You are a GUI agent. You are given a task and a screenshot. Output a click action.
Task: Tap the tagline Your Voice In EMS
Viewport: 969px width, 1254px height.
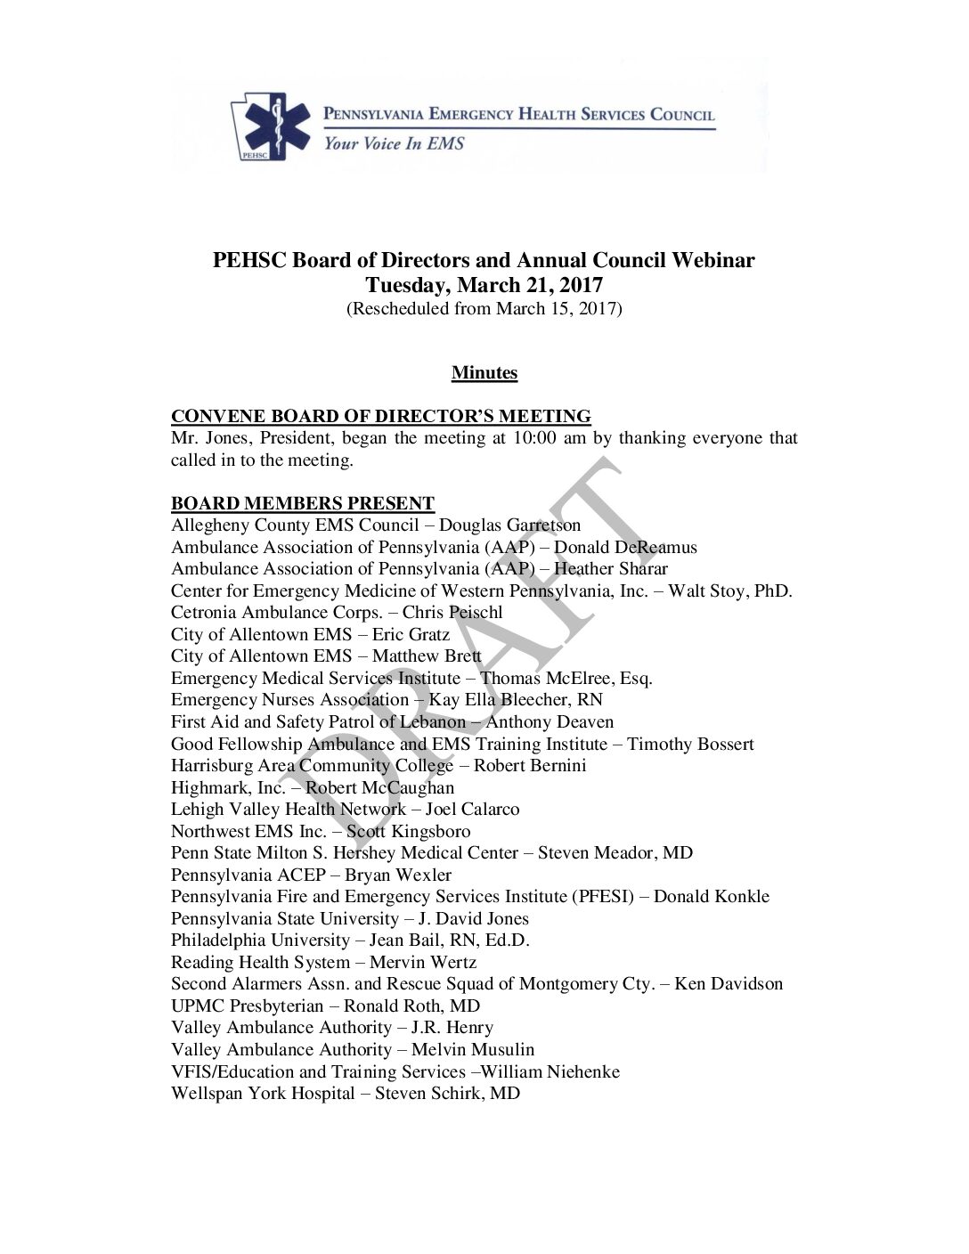tap(394, 143)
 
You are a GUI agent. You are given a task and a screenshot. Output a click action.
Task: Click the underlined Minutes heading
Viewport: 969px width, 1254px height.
tap(484, 373)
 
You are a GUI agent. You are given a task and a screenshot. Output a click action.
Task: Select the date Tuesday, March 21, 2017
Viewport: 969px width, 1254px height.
tap(484, 286)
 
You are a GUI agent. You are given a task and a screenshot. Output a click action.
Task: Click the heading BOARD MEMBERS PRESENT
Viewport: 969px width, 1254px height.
tap(303, 504)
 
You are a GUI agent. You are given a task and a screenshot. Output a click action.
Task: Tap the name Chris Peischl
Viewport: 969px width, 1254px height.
tap(452, 613)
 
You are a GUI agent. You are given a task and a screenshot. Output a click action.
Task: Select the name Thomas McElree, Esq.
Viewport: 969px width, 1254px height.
tap(566, 679)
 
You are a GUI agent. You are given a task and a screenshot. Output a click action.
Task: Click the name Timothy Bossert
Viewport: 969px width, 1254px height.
tap(690, 744)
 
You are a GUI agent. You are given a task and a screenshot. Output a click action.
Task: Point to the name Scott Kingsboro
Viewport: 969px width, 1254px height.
tap(409, 832)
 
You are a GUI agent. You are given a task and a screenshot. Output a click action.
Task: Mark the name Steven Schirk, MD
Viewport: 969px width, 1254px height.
tap(447, 1094)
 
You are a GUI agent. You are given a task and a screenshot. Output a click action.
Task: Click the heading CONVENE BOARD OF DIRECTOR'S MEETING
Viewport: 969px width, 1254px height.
tap(381, 417)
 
